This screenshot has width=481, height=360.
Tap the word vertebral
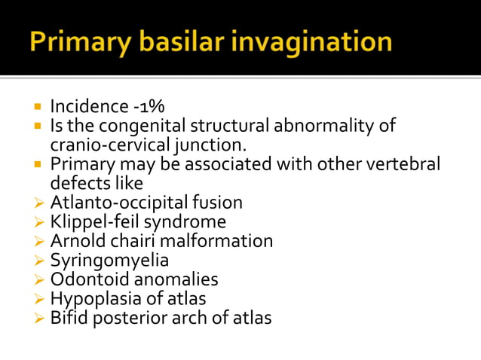click(404, 164)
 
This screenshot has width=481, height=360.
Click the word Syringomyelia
click(109, 261)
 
